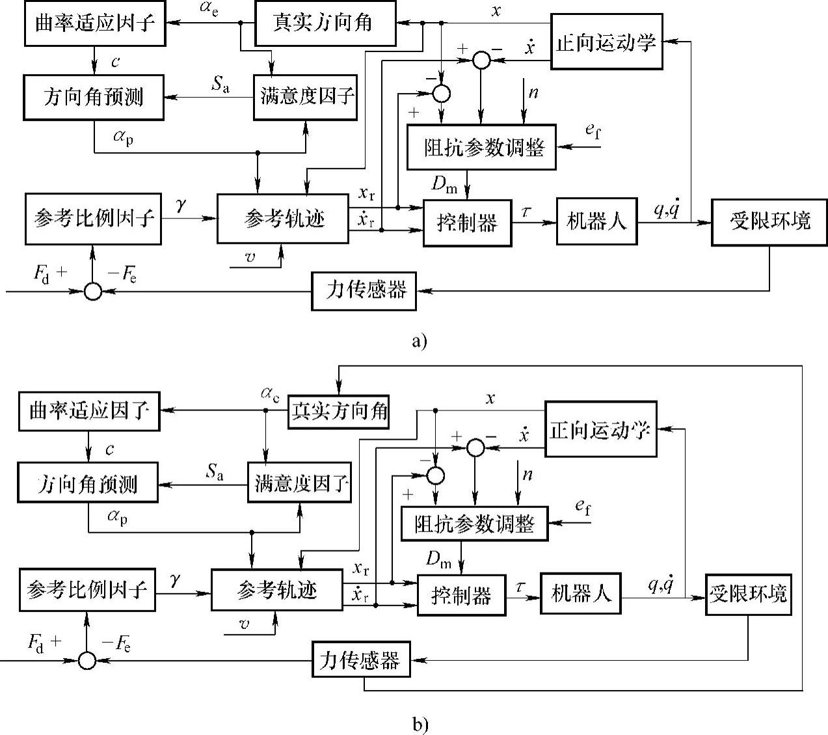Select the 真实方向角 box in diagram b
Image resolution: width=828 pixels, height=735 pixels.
pyautogui.click(x=338, y=411)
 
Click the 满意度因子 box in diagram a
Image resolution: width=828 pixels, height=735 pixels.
pyautogui.click(x=306, y=97)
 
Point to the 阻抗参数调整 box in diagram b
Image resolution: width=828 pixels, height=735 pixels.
pyautogui.click(x=474, y=524)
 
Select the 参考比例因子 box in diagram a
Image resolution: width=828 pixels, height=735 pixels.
pyautogui.click(x=93, y=219)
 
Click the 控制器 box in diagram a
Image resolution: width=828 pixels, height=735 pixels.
pyautogui.click(x=467, y=223)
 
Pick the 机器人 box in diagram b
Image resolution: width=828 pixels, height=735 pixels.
pyautogui.click(x=581, y=593)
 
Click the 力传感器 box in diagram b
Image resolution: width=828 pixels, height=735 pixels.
pyautogui.click(x=360, y=661)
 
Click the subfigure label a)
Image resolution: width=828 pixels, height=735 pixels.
pyautogui.click(x=420, y=341)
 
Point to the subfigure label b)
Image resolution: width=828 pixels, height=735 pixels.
pyautogui.click(x=420, y=724)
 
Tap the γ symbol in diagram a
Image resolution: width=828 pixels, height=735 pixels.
pyautogui.click(x=182, y=205)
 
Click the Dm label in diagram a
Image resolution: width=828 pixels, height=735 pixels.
pyautogui.click(x=445, y=184)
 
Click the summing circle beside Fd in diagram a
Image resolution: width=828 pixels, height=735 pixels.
pyautogui.click(x=93, y=291)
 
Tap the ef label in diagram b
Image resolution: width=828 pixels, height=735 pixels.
pyautogui.click(x=583, y=507)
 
